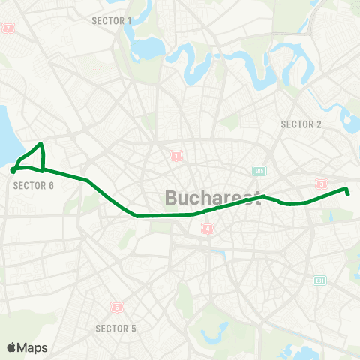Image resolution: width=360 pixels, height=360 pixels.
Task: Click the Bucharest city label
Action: pos(212,199)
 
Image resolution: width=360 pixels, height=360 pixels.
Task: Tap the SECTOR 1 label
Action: pos(111,20)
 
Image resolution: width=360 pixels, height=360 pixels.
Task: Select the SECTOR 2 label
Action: pos(301,124)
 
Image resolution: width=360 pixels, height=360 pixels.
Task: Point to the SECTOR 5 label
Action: pos(116,328)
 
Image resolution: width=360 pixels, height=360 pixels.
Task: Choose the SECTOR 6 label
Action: pos(34,185)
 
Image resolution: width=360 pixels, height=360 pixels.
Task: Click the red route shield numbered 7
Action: pos(8,28)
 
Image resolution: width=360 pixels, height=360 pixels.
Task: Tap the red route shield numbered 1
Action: pos(175,157)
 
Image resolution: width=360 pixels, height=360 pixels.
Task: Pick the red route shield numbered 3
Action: pos(322,184)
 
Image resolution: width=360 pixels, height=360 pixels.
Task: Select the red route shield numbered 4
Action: pos(208,229)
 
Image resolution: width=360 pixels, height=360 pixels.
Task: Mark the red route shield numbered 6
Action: pos(116,307)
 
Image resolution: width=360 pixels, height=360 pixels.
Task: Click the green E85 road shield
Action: pos(259,170)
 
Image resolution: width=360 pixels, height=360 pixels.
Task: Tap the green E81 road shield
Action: pos(319,280)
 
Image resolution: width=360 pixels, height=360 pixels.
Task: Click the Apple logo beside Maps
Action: pos(12,347)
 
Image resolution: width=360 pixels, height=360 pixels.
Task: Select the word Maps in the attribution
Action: pos(33,347)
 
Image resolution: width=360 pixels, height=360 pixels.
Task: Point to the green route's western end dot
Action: pos(13,171)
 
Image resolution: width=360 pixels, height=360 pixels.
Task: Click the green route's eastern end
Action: pos(349,193)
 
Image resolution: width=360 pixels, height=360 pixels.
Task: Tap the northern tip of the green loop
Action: pos(41,144)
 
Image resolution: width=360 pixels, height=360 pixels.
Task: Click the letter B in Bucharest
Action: pos(170,199)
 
